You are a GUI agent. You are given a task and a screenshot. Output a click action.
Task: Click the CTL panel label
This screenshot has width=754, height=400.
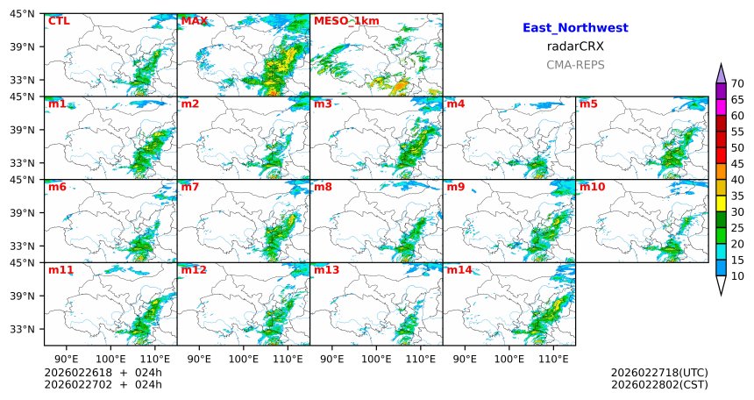coord(59,20)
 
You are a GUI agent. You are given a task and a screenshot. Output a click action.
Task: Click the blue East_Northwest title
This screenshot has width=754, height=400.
coord(575,28)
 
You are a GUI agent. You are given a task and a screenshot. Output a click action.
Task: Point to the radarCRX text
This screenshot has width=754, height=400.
coord(575,46)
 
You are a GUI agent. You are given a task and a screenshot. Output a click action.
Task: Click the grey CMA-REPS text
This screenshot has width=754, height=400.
coord(575,65)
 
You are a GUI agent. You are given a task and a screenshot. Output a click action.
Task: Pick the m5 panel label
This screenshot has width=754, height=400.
coord(588,104)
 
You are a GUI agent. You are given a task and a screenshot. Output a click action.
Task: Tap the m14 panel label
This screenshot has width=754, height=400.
coord(459,270)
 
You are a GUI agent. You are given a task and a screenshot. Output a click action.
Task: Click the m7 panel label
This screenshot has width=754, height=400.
coord(190,187)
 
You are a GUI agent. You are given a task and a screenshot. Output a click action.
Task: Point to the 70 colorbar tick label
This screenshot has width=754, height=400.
coord(737,83)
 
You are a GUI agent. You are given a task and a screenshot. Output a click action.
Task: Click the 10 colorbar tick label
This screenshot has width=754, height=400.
coord(737,276)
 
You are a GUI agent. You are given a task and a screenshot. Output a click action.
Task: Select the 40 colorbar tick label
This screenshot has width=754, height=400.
coord(737,180)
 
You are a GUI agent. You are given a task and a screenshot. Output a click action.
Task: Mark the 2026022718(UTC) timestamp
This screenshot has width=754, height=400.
coord(659,373)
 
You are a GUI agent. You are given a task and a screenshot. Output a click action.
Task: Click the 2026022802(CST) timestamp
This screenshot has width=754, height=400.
coord(659,384)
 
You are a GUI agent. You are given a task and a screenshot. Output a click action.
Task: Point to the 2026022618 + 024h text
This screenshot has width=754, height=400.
coord(109,373)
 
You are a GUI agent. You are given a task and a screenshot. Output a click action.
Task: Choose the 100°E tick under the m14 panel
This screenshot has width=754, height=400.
coord(509,359)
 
